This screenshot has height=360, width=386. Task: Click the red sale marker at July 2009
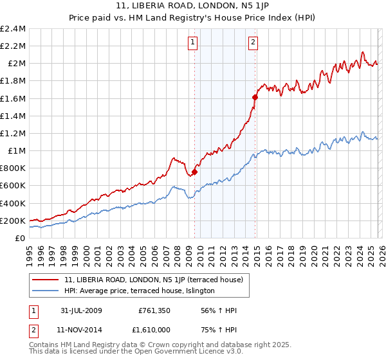(x=194, y=172)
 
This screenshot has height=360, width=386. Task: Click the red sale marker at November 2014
(x=255, y=97)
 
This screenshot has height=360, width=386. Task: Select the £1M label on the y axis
(x=15, y=151)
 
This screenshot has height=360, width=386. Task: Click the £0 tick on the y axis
(x=21, y=239)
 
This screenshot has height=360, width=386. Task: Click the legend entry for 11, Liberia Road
(x=153, y=280)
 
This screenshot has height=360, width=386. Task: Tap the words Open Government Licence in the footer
(x=174, y=353)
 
